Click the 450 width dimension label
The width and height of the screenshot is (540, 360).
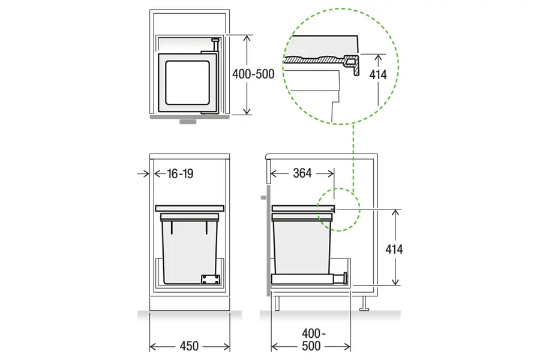pyautogui.click(x=189, y=346)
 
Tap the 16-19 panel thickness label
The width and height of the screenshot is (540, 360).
pyautogui.click(x=180, y=173)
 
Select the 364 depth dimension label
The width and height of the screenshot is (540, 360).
pyautogui.click(x=302, y=173)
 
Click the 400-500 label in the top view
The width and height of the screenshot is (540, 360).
pyautogui.click(x=253, y=74)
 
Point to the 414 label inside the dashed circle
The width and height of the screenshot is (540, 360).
pyautogui.click(x=378, y=74)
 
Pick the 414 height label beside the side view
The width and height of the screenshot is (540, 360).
pyautogui.click(x=394, y=249)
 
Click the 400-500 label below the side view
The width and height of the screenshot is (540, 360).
pyautogui.click(x=312, y=340)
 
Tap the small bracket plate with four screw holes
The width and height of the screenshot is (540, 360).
pyautogui.click(x=211, y=280)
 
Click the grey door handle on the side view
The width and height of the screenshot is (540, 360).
pyautogui.click(x=264, y=198)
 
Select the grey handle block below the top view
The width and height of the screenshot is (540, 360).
pyautogui.click(x=188, y=122)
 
